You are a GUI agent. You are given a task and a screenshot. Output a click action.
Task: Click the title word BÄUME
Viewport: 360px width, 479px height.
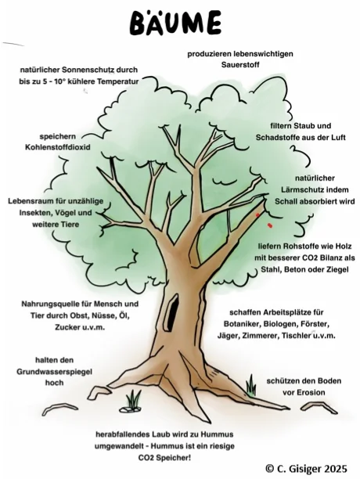coord(175,23)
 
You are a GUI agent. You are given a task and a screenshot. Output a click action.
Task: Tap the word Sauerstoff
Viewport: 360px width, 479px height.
coord(240,65)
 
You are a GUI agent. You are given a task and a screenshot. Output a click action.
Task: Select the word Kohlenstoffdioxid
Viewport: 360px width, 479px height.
coord(58,147)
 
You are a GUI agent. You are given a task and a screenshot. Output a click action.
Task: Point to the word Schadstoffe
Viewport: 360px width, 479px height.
coord(278,138)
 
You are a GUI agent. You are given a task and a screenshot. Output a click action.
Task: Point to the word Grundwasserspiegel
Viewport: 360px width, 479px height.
coord(54,372)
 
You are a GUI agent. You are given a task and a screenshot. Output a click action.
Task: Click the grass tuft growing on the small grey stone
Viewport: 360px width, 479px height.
coord(134,399)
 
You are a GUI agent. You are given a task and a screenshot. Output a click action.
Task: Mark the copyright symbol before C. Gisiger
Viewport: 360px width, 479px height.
coord(270,469)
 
